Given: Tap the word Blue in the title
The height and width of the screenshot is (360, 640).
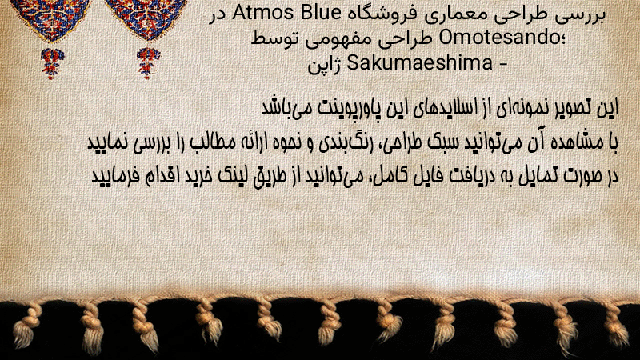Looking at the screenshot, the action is [321, 13].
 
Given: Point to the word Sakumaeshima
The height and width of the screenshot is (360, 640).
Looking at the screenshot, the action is [419, 63].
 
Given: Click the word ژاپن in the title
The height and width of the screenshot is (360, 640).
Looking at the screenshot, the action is [325, 65].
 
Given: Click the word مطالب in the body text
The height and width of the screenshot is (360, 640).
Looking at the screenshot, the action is [211, 142].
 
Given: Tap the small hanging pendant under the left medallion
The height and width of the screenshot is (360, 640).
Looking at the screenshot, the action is [52, 62].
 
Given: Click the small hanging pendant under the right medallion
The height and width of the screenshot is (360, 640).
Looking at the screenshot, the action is [148, 62].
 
